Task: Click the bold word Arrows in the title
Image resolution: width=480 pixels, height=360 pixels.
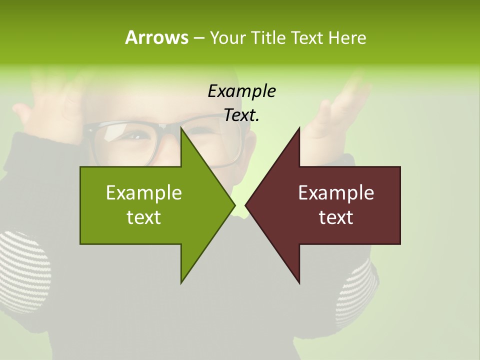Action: pyautogui.click(x=156, y=37)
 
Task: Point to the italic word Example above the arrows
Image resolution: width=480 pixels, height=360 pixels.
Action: pyautogui.click(x=241, y=91)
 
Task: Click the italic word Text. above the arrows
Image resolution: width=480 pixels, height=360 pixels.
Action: pyautogui.click(x=241, y=115)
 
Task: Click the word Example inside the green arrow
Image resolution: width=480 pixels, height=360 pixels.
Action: pyautogui.click(x=144, y=193)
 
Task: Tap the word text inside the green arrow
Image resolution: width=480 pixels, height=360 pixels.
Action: pyautogui.click(x=144, y=217)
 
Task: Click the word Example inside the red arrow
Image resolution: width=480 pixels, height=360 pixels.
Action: pyautogui.click(x=336, y=193)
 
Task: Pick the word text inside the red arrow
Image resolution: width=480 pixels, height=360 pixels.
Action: pyautogui.click(x=336, y=217)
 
